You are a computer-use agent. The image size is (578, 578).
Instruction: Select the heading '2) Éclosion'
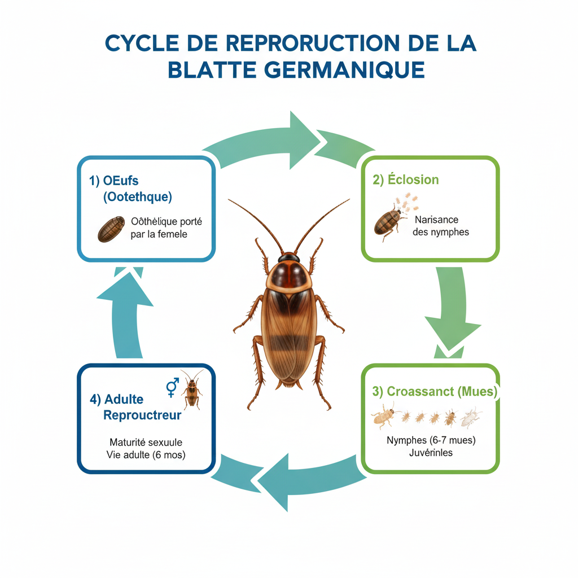[x=405, y=179]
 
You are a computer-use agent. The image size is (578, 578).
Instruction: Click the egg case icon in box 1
[x=111, y=229]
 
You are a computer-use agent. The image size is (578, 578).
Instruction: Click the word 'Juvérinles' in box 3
[x=430, y=453]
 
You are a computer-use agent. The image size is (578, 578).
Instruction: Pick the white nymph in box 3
[x=470, y=417]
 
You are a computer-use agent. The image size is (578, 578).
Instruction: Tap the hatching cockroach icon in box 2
[x=388, y=221]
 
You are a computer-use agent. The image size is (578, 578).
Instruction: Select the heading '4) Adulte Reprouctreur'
[x=135, y=407]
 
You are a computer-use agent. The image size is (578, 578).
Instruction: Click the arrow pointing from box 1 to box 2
[x=287, y=142]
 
